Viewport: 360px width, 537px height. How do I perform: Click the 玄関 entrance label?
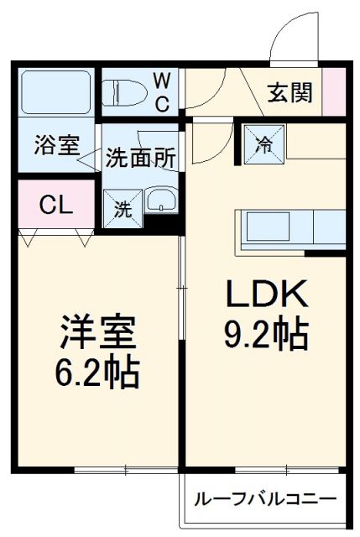[x=290, y=91]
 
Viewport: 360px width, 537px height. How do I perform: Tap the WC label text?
[x=163, y=91]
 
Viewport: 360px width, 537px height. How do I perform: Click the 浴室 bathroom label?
[x=56, y=144]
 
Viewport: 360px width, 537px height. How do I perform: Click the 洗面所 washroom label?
[x=140, y=157]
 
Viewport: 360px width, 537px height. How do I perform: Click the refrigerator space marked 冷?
[x=264, y=142]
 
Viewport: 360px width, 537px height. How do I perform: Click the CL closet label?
[x=55, y=204]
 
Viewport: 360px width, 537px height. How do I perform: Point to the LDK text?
[x=266, y=295]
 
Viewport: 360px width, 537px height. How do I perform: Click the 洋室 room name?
[x=97, y=329]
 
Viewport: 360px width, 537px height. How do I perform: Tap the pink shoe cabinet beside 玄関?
[x=335, y=90]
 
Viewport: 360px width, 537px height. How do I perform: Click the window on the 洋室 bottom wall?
[x=126, y=467]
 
